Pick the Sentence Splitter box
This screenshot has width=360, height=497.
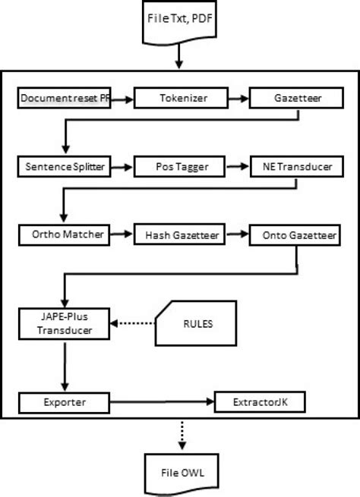click(65, 165)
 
